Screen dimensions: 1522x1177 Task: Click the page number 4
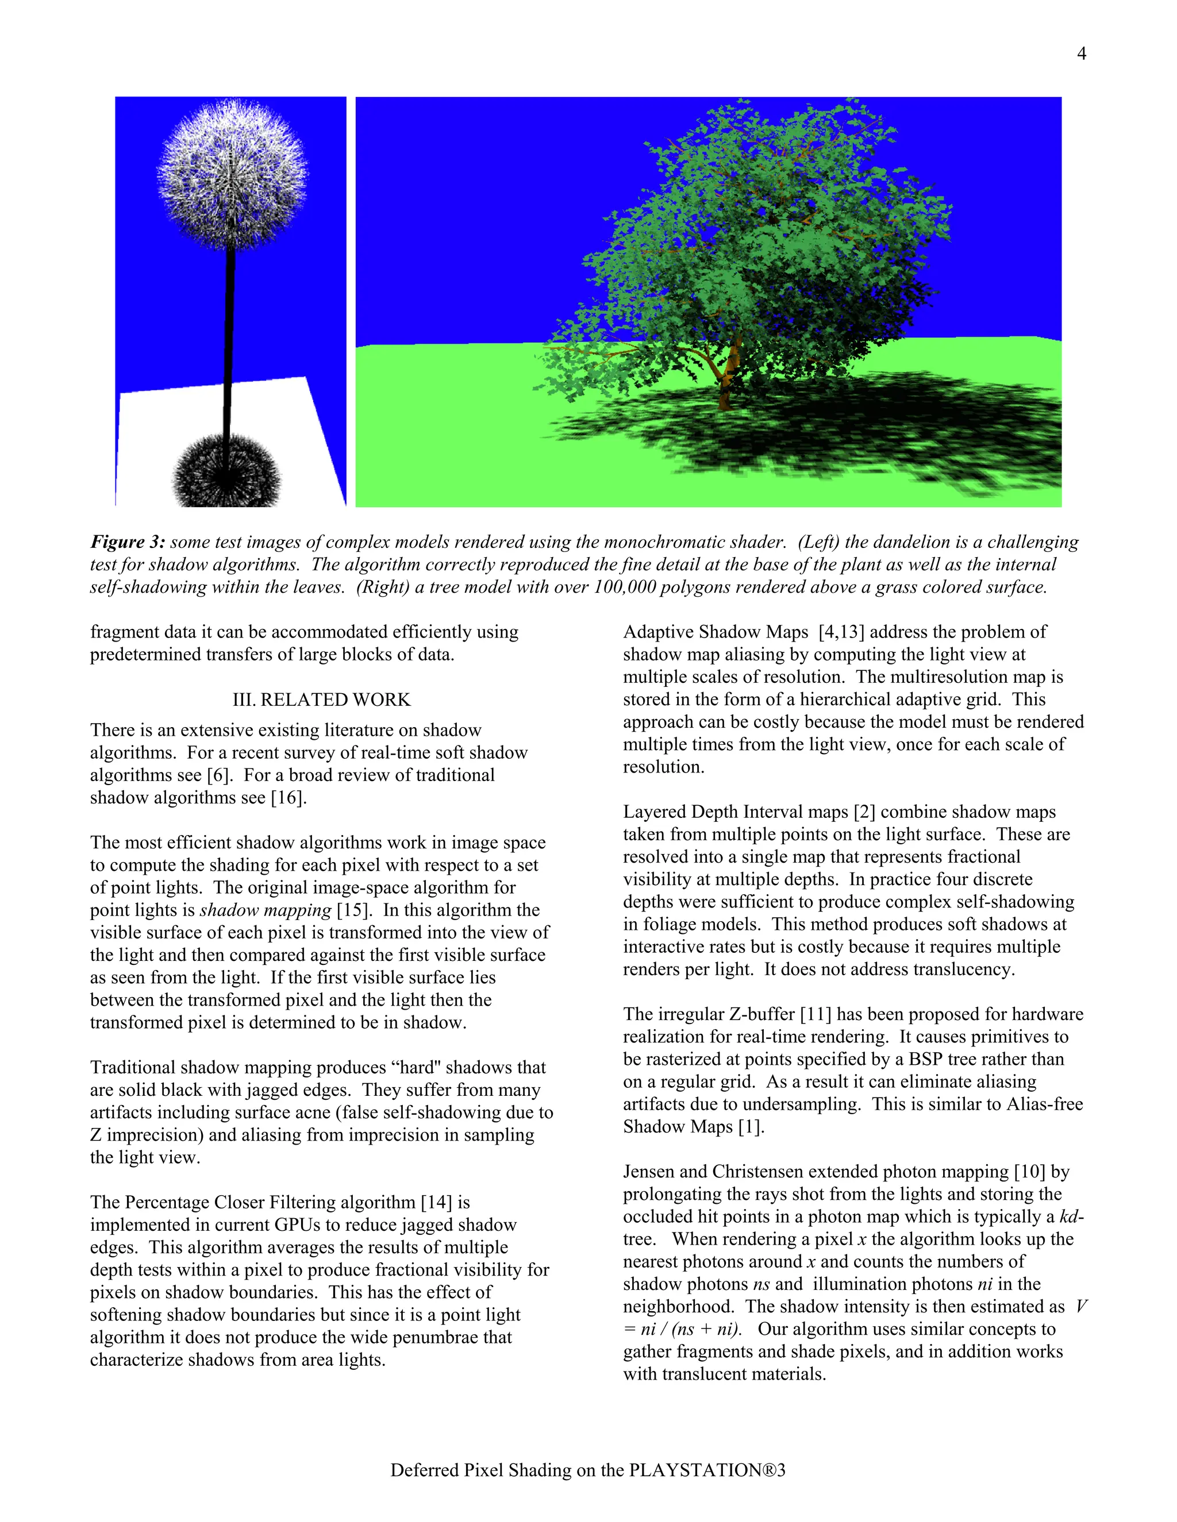click(x=1081, y=53)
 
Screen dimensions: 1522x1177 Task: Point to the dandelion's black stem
click(x=229, y=334)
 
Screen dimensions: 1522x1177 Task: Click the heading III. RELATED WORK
click(x=321, y=700)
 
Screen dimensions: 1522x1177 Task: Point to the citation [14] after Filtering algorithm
click(x=437, y=1202)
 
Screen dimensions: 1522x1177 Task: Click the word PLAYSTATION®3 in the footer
click(x=707, y=1470)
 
